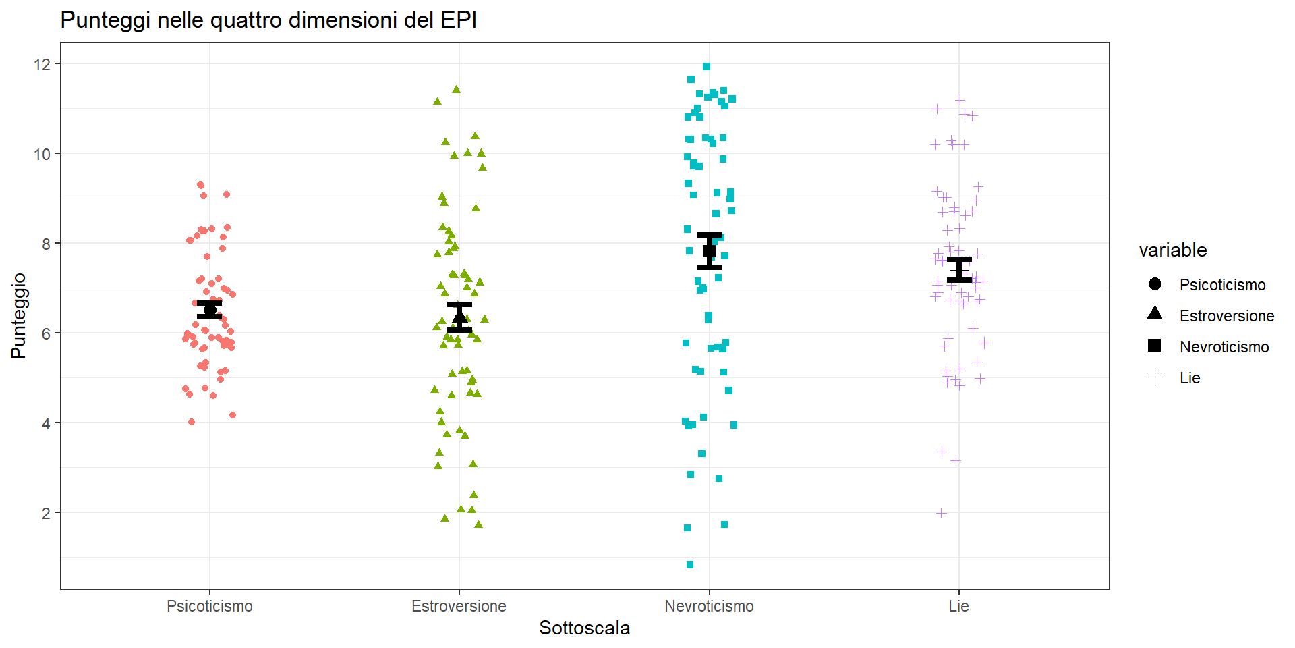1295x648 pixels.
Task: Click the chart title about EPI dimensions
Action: (x=268, y=20)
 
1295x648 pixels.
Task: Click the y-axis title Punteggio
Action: (x=18, y=315)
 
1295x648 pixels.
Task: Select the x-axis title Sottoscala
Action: (x=584, y=628)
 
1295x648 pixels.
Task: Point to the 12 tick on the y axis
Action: (x=42, y=64)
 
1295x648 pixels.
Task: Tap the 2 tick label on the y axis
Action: (x=46, y=513)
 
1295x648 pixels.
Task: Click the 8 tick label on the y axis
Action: (x=46, y=244)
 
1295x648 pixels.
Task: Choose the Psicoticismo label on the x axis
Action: (x=210, y=606)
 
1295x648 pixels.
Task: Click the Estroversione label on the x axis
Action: (x=459, y=606)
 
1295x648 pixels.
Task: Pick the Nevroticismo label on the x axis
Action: (x=709, y=606)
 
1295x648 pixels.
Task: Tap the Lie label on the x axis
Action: (x=958, y=606)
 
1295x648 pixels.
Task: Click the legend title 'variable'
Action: (x=1173, y=250)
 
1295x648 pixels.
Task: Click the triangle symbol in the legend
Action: (x=1155, y=313)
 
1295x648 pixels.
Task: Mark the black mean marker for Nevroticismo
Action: (x=709, y=251)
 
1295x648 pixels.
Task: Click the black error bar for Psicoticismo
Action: (x=210, y=310)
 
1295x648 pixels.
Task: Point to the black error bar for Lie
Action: (x=959, y=269)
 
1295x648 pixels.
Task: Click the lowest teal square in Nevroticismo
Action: (x=690, y=565)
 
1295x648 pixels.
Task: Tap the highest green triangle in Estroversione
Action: (x=456, y=89)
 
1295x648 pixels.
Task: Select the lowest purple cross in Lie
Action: (x=942, y=513)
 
